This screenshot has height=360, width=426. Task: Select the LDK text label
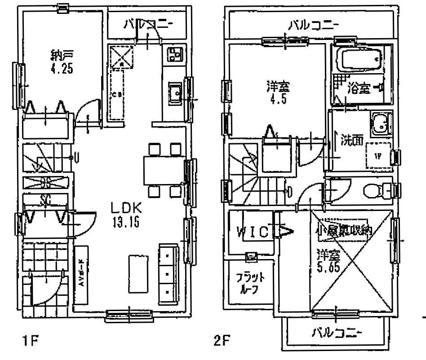pos(127,208)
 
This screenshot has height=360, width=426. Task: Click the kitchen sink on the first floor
pos(174,92)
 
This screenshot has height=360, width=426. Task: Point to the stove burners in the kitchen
pos(173,55)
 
